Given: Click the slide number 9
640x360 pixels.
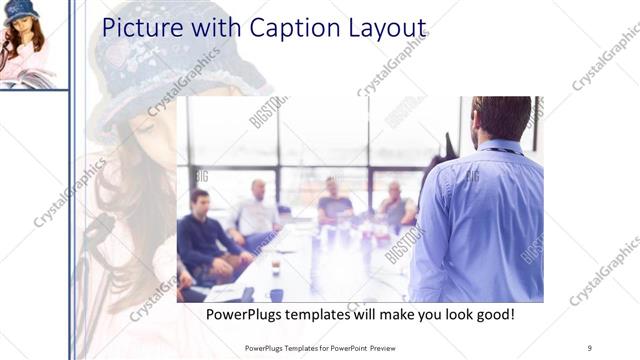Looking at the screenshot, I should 590,347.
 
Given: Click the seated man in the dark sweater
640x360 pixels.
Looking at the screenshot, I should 205,230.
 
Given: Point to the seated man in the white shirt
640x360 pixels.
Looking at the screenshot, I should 257,212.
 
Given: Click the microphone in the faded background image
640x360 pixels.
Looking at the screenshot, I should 95,235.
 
